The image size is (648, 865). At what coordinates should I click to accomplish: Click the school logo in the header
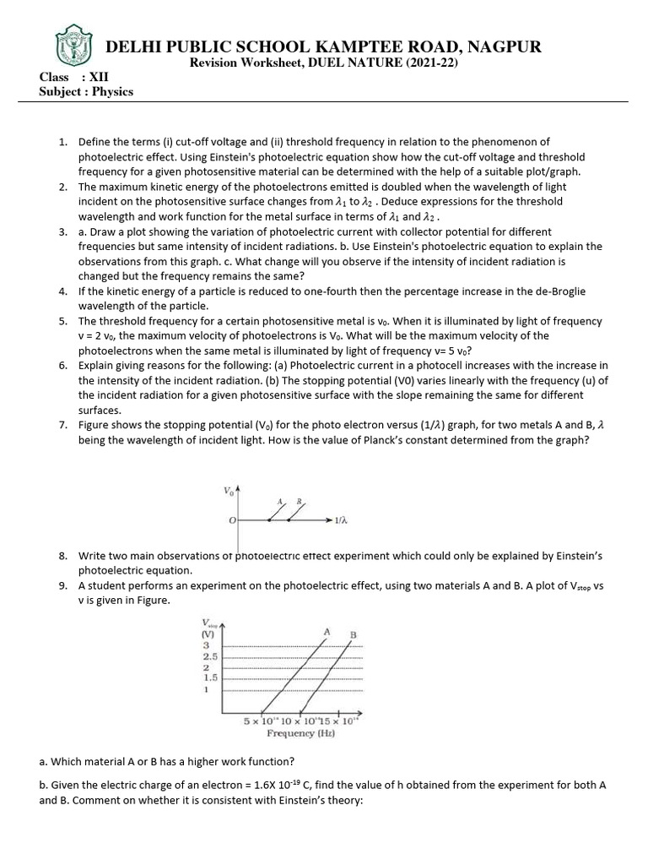(70, 44)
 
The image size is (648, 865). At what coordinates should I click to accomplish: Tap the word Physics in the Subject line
(112, 91)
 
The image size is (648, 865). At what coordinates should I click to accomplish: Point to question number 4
(63, 291)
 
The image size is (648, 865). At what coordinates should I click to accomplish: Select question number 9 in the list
(63, 585)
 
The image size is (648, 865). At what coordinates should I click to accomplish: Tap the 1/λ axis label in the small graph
(342, 521)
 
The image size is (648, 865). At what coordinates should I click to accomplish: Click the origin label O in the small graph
(232, 521)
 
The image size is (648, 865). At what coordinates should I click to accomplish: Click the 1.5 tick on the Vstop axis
(210, 677)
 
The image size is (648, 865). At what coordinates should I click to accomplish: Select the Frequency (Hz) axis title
(301, 733)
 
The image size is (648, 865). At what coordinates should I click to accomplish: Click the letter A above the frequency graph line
(326, 631)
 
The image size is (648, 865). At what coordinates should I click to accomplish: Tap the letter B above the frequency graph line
(353, 634)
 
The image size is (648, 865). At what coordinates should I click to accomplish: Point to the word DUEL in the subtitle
(336, 63)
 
